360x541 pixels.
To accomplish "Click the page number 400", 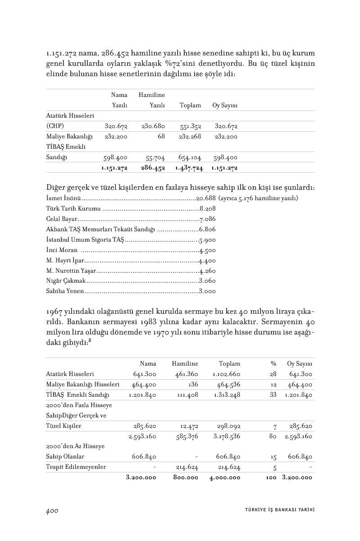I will pyautogui.click(x=52, y=511).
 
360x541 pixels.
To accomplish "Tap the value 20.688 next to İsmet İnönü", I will pyautogui.click(x=206, y=198).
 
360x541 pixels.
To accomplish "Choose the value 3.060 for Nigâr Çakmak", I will pyautogui.click(x=207, y=280).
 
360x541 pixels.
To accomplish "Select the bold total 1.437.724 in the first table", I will pyautogui.click(x=189, y=168).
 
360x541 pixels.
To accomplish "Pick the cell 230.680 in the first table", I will pyautogui.click(x=153, y=126).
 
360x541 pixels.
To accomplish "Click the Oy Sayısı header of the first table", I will pyautogui.click(x=225, y=105).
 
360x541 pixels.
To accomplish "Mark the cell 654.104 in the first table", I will pyautogui.click(x=190, y=158).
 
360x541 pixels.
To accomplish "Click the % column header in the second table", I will pyautogui.click(x=273, y=363).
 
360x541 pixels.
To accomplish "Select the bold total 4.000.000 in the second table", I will pyautogui.click(x=225, y=477).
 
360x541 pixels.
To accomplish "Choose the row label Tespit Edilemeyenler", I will pyautogui.click(x=76, y=467).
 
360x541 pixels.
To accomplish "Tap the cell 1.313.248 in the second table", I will pyautogui.click(x=227, y=395).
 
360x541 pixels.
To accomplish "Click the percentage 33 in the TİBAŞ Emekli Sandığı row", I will pyautogui.click(x=273, y=395).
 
